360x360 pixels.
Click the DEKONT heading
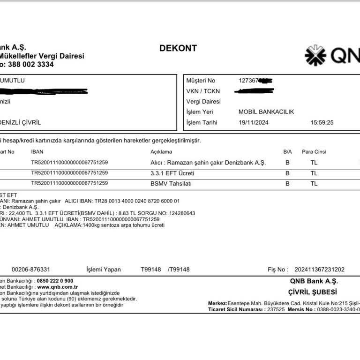click(178, 48)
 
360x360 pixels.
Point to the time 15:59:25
click(322, 122)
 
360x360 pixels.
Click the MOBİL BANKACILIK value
click(266, 112)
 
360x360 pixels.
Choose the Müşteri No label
click(201, 81)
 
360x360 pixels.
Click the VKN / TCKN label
click(203, 91)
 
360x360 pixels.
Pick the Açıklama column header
click(161, 152)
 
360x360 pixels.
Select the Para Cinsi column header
click(314, 152)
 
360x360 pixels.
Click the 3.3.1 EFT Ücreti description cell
click(169, 173)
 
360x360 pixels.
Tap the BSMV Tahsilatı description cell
click(171, 184)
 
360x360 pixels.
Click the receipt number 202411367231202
click(319, 270)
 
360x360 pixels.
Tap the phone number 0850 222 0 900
click(55, 281)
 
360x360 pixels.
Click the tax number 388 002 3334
click(31, 65)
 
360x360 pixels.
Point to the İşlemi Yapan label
click(104, 270)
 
